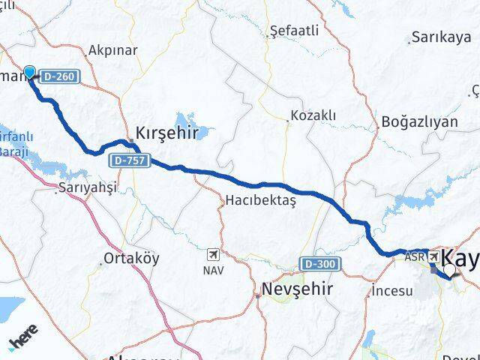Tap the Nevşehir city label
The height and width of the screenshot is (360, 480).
coord(297,289)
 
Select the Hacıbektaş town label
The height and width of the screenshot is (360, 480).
coord(261,201)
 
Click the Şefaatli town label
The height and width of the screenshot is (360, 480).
coord(294,31)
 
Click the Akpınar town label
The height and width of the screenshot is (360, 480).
coord(112,51)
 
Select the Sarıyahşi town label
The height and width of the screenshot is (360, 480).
coord(87,189)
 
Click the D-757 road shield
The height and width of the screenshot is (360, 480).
coord(130,160)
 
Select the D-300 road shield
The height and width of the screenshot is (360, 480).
coord(322,264)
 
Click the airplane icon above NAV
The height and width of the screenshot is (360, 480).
coord(214,254)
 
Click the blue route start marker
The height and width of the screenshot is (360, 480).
coord(29,72)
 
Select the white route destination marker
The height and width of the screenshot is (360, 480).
coord(449,270)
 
